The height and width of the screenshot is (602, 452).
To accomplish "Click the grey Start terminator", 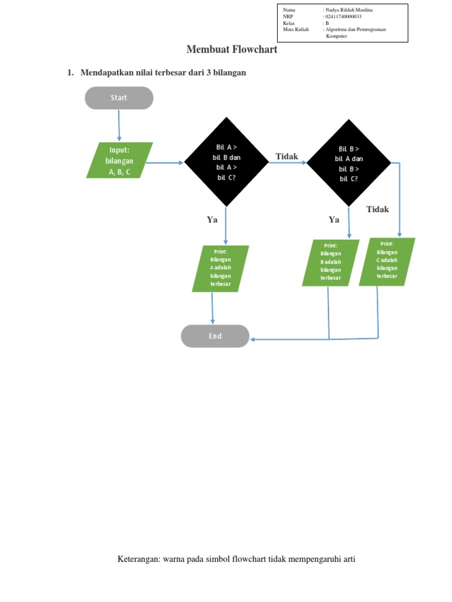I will [x=119, y=98].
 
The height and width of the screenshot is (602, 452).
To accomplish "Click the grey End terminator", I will [x=215, y=336].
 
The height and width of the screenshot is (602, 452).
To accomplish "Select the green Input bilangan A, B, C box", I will [x=119, y=160].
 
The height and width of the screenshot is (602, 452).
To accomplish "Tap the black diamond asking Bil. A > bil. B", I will [x=227, y=162].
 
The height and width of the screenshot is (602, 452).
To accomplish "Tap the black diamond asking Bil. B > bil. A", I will [x=348, y=162].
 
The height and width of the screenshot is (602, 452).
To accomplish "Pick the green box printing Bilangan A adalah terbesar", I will [x=221, y=269].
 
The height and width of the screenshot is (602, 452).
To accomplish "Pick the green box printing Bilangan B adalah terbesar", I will [x=330, y=263].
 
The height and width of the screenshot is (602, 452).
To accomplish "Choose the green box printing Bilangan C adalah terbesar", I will [x=387, y=262].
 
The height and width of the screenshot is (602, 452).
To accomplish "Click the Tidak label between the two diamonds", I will [x=287, y=156].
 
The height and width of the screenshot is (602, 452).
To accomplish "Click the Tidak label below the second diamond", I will [x=377, y=209].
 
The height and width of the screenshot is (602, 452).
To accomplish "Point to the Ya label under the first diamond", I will [x=212, y=219].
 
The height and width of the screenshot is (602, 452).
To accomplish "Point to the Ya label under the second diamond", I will [x=334, y=219].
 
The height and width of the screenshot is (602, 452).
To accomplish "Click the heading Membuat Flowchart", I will [x=231, y=49].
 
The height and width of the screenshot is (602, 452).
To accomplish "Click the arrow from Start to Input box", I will [x=119, y=126].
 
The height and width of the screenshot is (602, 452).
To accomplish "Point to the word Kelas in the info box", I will [x=289, y=23].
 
